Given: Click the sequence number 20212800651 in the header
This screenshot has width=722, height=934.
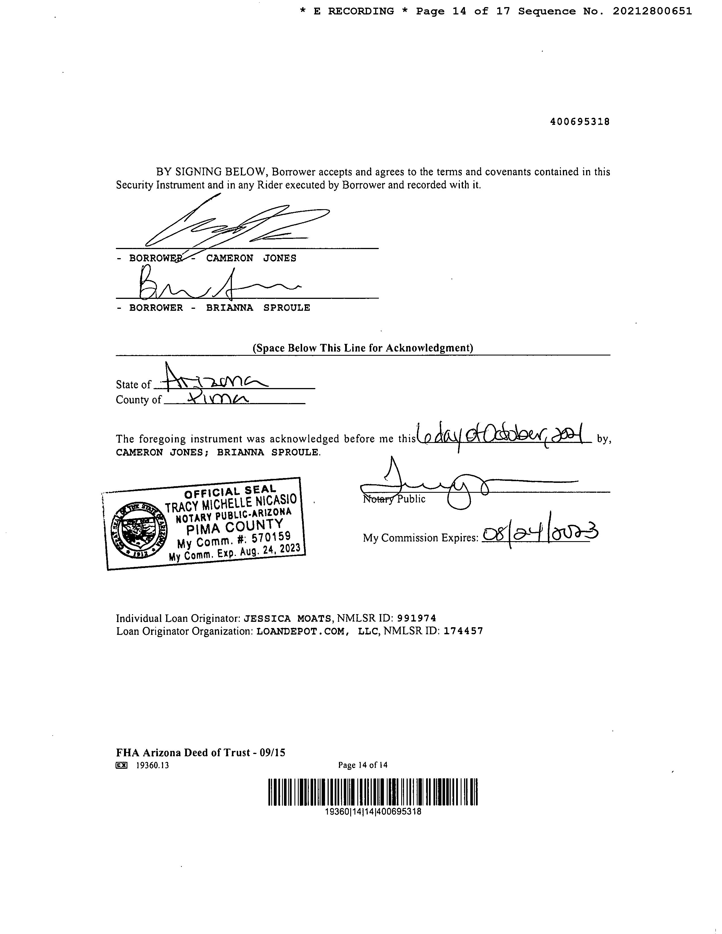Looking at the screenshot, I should [x=652, y=12].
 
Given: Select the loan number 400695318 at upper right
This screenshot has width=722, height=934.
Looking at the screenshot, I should [x=580, y=121].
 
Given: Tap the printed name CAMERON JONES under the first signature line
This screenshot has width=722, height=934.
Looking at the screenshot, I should [x=251, y=258].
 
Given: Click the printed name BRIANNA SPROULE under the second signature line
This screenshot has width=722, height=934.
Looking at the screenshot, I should [x=258, y=308].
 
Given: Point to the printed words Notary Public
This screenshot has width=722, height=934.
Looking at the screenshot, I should [x=394, y=499].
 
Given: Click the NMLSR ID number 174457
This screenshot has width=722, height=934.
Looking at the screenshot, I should [x=463, y=631].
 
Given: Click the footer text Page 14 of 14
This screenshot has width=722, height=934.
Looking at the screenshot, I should [x=363, y=765].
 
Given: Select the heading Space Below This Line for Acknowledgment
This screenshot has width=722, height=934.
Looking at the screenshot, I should [x=363, y=348].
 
